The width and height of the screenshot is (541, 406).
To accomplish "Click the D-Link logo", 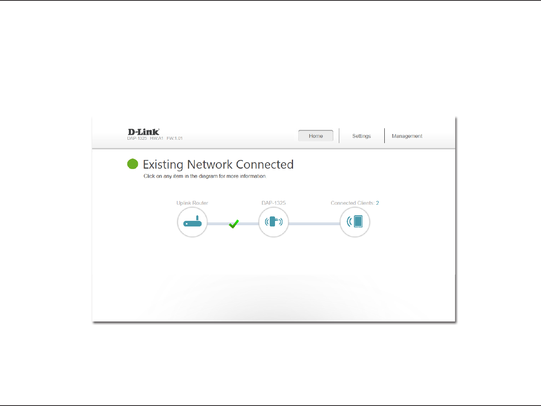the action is click(144, 132).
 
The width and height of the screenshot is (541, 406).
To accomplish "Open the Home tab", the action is click(316, 136).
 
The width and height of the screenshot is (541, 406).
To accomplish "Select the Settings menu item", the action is click(361, 136).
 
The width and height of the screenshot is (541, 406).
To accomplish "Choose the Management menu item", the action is click(407, 136).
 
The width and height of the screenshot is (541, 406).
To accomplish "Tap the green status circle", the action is click(133, 164).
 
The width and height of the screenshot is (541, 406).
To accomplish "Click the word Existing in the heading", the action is click(163, 165).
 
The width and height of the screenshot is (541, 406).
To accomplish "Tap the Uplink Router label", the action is click(192, 203).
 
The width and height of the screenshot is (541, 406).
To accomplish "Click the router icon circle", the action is click(192, 222).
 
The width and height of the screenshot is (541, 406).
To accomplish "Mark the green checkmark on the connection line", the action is click(234, 224).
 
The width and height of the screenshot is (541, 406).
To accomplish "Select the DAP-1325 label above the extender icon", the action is click(274, 203).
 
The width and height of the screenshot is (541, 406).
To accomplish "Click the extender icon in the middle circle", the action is click(274, 222).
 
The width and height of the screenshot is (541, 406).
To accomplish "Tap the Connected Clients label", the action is click(352, 203).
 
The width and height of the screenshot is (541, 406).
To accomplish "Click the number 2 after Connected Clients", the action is click(378, 203).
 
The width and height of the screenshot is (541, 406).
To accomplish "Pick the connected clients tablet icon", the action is click(355, 222).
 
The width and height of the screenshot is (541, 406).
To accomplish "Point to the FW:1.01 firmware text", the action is click(175, 138).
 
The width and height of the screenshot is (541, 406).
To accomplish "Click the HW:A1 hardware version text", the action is click(156, 138).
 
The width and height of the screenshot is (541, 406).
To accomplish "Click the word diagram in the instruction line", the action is click(208, 176).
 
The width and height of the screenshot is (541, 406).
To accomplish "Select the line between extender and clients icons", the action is click(314, 224).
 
